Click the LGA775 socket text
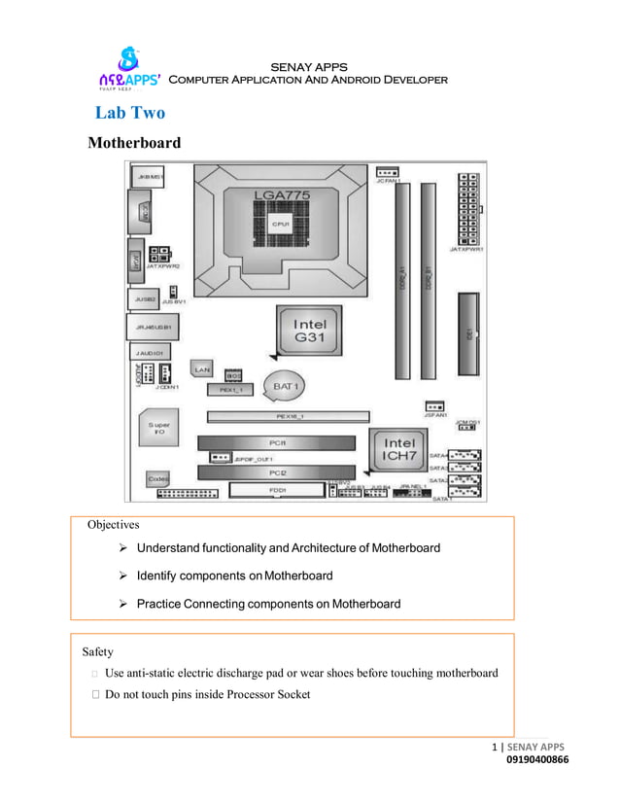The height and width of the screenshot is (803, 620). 282,195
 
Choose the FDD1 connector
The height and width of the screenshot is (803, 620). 277,490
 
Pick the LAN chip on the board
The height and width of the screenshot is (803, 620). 202,369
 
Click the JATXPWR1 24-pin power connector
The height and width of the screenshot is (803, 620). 467,209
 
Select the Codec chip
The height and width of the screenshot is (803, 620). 159,478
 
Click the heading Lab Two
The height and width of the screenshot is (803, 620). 130,113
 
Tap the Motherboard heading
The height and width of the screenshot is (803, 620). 134,143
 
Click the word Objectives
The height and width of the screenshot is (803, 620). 114,524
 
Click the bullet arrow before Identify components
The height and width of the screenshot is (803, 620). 123,576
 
